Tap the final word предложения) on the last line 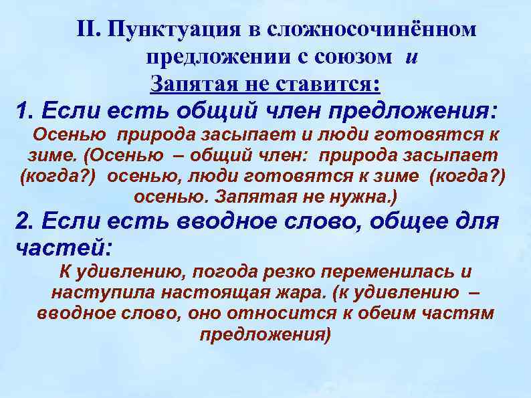[265, 334]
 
